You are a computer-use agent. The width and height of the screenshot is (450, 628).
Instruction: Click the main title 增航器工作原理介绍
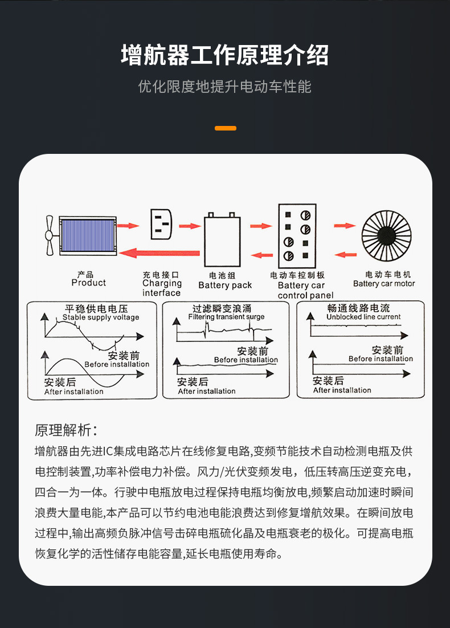pyautogui.click(x=225, y=56)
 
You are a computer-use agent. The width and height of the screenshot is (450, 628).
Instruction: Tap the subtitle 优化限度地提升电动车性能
pyautogui.click(x=225, y=87)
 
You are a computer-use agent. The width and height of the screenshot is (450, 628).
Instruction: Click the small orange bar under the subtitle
pyautogui.click(x=225, y=128)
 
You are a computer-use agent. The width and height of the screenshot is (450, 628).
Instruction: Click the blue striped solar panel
pyautogui.click(x=88, y=235)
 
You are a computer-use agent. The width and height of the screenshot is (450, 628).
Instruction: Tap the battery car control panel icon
pyautogui.click(x=296, y=236)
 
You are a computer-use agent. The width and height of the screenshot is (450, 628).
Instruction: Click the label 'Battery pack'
pyautogui.click(x=225, y=285)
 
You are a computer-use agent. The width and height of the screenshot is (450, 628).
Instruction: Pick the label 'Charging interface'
pyautogui.click(x=162, y=288)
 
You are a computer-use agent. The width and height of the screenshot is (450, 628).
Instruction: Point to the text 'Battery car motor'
pyautogui.click(x=384, y=284)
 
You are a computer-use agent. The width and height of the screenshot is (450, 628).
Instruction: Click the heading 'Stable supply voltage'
pyautogui.click(x=101, y=317)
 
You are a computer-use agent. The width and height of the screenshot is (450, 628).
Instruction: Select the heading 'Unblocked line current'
pyautogui.click(x=363, y=317)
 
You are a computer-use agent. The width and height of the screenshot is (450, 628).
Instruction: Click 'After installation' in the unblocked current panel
pyautogui.click(x=342, y=390)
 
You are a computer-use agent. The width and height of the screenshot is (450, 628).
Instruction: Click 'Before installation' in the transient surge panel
pyautogui.click(x=246, y=360)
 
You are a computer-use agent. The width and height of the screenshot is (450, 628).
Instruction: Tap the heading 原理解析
pyautogui.click(x=66, y=430)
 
